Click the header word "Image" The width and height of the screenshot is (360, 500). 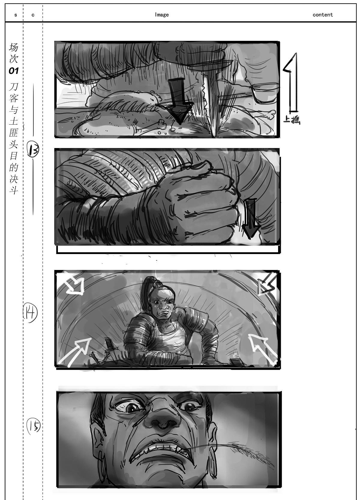[162, 15]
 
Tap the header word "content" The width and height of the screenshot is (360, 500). [322, 15]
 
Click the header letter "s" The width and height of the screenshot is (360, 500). [16, 15]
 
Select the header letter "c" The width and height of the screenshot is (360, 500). [33, 15]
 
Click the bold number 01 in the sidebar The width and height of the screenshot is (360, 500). [14, 71]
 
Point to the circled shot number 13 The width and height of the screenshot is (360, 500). [33, 149]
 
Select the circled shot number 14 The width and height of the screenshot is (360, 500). [30, 313]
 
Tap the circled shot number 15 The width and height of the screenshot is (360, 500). [33, 426]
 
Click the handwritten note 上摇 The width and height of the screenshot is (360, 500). [292, 120]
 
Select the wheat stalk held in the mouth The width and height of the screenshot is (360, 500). [240, 447]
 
